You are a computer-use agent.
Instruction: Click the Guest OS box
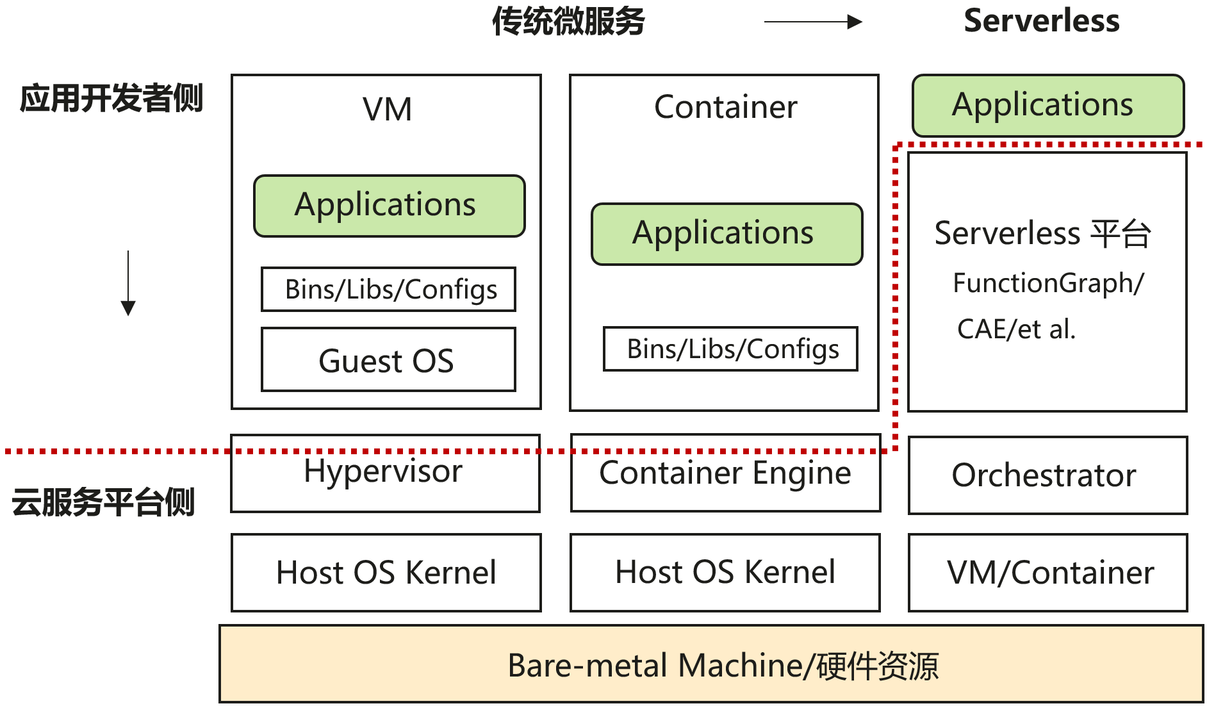(388, 360)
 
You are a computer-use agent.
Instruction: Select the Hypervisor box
(384, 474)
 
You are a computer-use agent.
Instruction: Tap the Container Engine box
(725, 474)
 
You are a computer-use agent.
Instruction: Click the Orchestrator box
(1047, 476)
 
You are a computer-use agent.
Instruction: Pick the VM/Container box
(1047, 573)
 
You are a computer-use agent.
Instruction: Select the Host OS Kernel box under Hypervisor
(386, 573)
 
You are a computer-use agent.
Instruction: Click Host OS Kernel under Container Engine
(725, 573)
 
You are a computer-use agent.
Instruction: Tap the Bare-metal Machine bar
(711, 664)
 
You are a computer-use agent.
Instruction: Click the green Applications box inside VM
(389, 206)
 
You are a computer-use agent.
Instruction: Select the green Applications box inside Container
(727, 234)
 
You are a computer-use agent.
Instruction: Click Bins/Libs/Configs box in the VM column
(388, 290)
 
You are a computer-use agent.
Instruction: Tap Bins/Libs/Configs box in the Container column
(730, 349)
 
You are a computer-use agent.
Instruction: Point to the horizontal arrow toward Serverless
(812, 22)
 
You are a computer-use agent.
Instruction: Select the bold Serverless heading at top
(1041, 21)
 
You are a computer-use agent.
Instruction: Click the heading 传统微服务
(568, 22)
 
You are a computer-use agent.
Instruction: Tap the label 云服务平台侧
(103, 502)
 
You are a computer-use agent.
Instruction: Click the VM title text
(387, 110)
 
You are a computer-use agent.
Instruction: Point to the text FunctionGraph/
(1047, 283)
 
